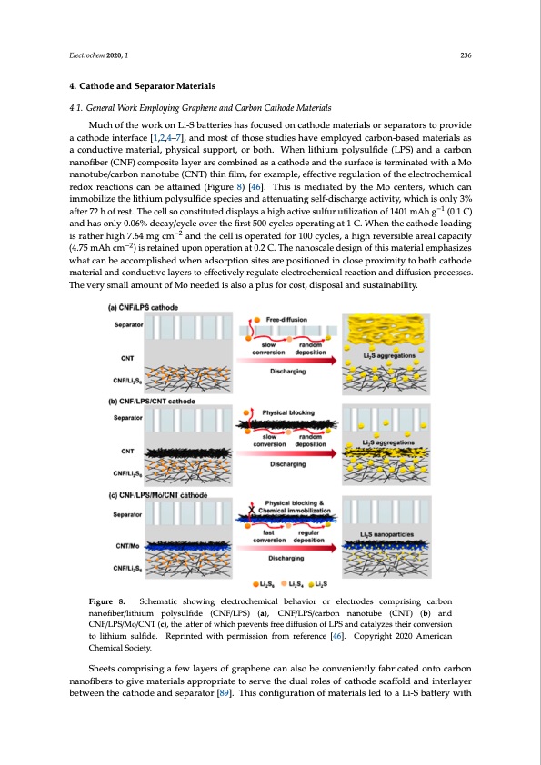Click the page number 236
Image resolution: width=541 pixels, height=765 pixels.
465,55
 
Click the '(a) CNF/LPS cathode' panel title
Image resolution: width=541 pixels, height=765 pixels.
151,308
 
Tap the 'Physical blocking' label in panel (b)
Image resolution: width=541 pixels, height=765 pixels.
287,412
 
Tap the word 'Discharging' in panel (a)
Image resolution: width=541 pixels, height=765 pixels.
287,370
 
